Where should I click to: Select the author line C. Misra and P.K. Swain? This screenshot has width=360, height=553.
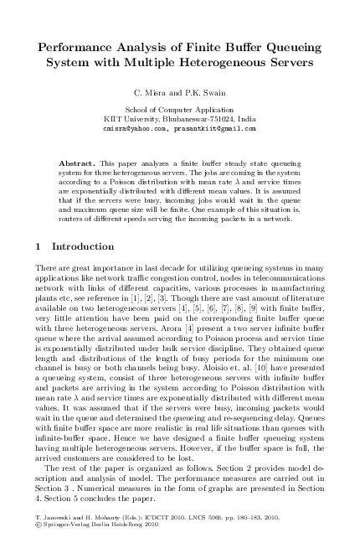(179, 91)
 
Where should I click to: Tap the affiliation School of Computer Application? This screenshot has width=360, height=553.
(179, 110)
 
